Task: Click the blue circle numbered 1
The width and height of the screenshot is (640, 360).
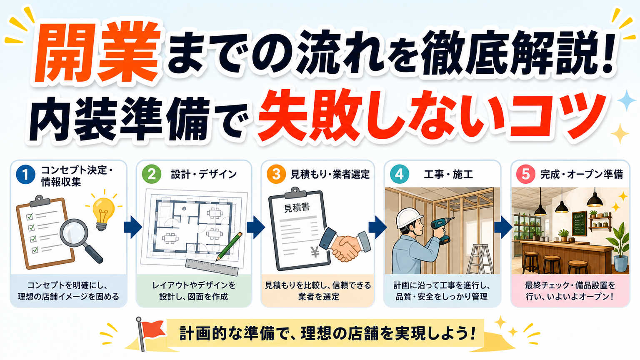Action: click(26, 175)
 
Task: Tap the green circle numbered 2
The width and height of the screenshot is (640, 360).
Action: click(151, 174)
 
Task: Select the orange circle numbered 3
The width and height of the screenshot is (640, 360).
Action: click(276, 174)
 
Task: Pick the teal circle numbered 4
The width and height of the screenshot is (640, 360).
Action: click(400, 174)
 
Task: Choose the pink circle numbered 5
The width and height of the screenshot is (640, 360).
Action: click(526, 174)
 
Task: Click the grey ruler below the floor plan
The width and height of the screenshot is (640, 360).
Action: click(212, 267)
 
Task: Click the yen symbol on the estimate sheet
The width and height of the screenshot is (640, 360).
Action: click(315, 252)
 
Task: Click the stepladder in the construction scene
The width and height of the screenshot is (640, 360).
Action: click(480, 259)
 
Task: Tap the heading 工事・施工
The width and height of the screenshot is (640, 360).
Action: click(448, 174)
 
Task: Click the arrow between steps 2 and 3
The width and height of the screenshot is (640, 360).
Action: click(256, 227)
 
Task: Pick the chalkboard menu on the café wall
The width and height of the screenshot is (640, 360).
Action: click(579, 223)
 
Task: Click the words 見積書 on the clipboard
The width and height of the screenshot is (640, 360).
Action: click(297, 207)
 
